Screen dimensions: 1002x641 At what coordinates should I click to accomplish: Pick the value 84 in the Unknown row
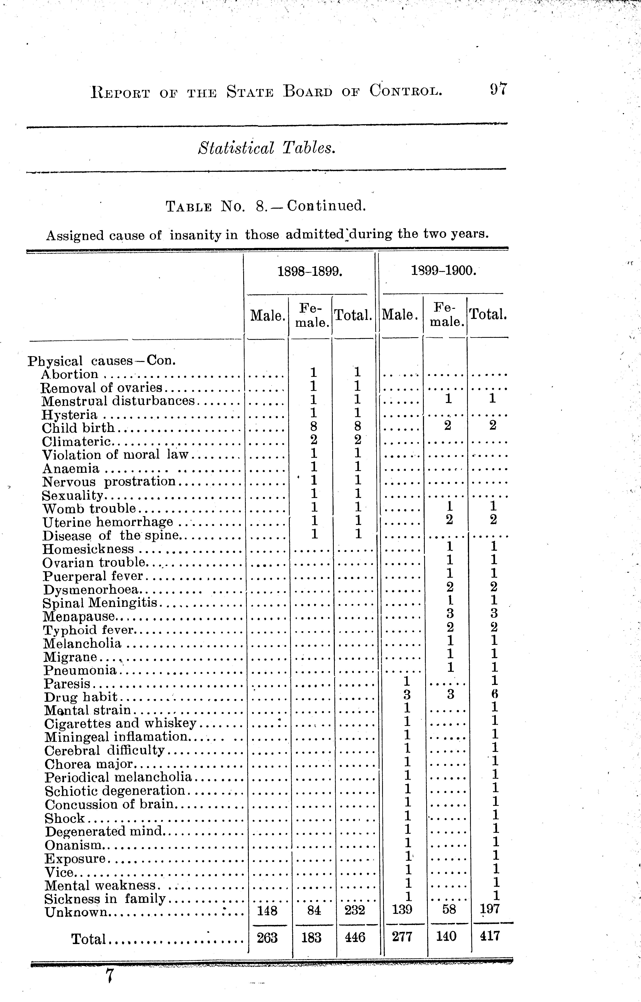tap(314, 911)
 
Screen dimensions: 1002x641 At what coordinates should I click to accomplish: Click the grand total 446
tap(355, 937)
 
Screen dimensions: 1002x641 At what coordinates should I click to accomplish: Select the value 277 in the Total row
tap(402, 937)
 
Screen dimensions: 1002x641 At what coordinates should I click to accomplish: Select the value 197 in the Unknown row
tap(489, 910)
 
